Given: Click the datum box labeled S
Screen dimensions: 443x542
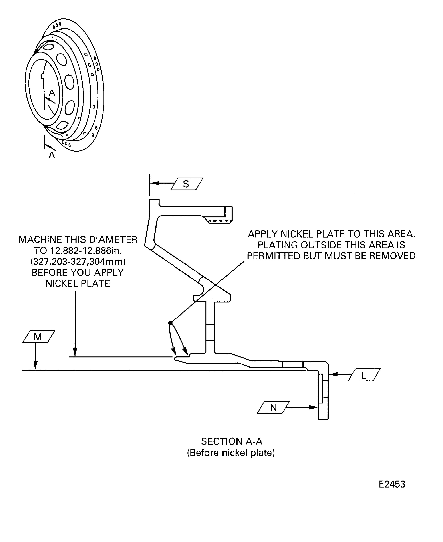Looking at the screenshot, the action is coord(187,184).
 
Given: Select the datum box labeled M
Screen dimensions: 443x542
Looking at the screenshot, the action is coord(39,337).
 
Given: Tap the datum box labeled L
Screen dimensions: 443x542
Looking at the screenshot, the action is coord(364,375).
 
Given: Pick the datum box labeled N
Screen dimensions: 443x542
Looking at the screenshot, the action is coord(273,407).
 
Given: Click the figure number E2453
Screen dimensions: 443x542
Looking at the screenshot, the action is coord(392,484).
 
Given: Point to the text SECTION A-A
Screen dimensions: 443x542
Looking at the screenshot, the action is coord(232,441).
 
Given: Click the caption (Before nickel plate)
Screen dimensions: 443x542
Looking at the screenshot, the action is coord(231,453).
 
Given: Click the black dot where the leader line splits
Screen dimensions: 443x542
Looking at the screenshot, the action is coord(170,323).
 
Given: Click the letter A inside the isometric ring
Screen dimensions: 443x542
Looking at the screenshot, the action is coord(52,93).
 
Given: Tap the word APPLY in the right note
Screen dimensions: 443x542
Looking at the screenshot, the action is coord(263,234).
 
